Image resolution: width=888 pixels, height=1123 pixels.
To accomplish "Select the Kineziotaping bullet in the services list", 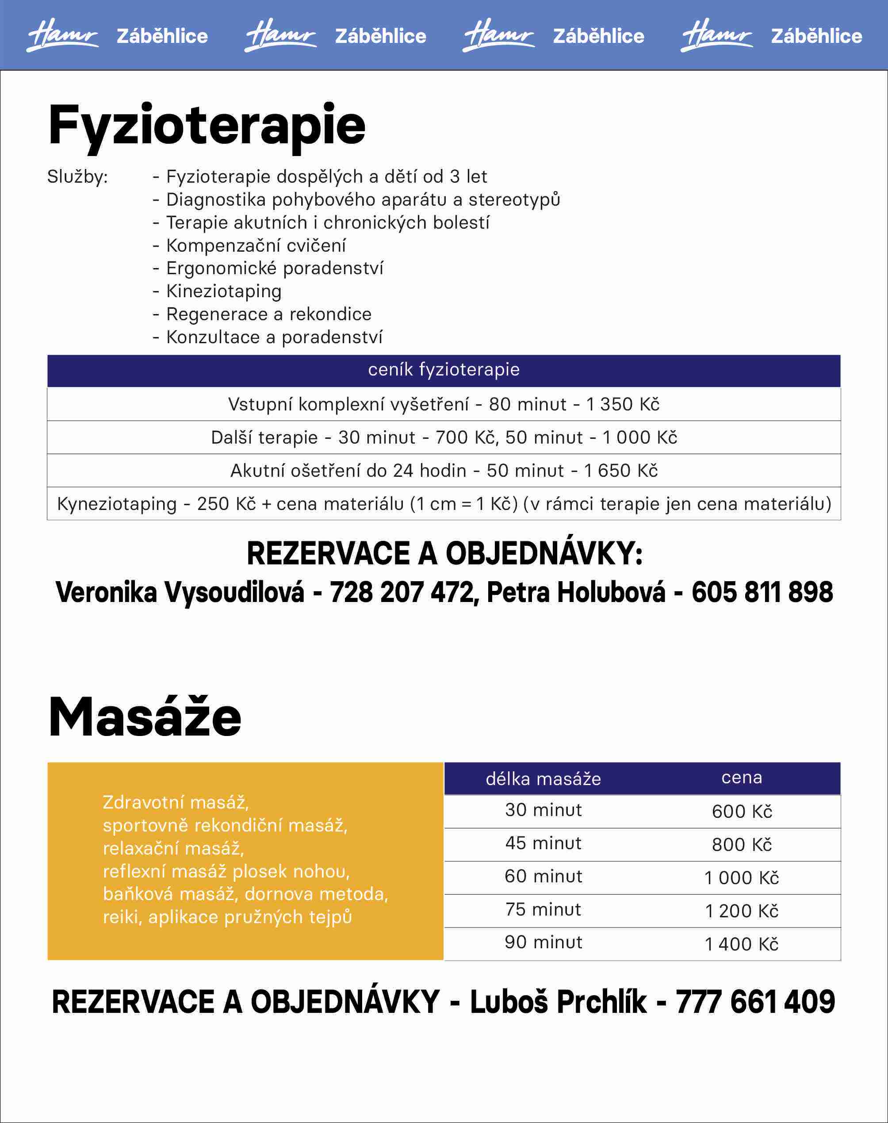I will tap(224, 291).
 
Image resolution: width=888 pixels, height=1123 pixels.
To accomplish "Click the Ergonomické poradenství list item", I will tap(275, 268).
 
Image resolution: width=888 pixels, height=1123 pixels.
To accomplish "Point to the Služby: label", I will tap(77, 177).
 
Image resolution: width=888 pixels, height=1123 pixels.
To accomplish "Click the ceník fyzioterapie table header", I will tap(444, 370).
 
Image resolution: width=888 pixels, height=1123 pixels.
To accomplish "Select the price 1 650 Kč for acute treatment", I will tap(621, 471).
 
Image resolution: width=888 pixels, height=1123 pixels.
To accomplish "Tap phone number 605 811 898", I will tap(762, 592).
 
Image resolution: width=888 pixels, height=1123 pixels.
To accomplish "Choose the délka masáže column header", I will tap(544, 779).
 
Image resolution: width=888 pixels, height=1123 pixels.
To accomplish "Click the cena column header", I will tap(741, 778).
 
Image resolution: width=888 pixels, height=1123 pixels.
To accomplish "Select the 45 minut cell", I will tap(544, 843).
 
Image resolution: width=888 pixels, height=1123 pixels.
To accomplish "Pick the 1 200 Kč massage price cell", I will tap(741, 911).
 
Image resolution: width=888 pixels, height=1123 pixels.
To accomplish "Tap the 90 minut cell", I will tap(544, 942).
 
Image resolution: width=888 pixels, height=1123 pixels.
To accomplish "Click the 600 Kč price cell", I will tap(741, 812).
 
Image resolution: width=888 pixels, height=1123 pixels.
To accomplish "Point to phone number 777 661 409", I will tap(755, 1002).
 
